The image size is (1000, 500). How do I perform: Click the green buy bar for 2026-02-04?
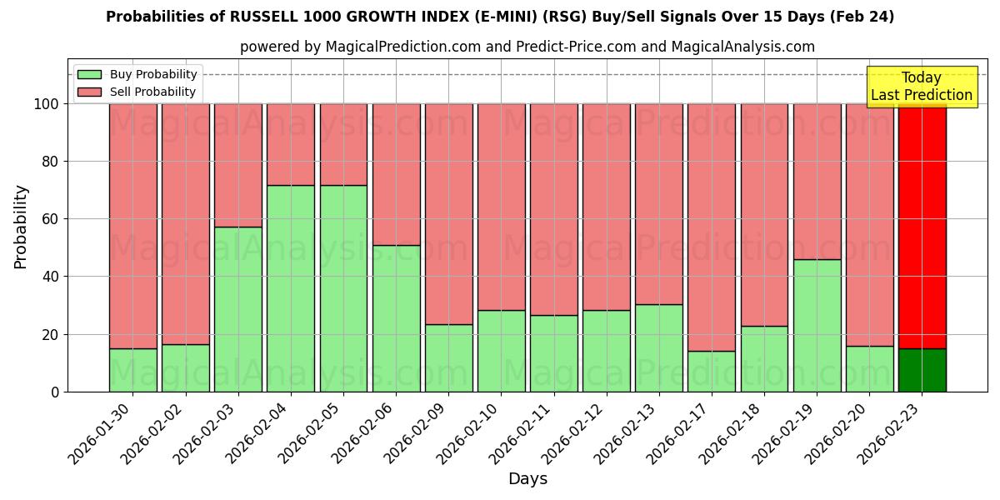click(291, 288)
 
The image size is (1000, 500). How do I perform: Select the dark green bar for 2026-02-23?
click(922, 370)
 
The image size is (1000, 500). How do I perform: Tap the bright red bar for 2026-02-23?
click(922, 226)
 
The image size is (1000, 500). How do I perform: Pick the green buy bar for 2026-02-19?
click(817, 325)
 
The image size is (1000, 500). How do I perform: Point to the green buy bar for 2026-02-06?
click(396, 318)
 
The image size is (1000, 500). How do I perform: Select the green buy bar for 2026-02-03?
click(238, 309)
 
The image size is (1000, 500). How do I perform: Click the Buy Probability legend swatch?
click(90, 75)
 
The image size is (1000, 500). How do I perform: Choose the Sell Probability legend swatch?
click(90, 92)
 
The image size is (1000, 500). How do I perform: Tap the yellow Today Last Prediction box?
click(922, 87)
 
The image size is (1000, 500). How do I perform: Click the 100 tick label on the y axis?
click(47, 104)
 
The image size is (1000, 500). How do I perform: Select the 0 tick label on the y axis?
click(55, 392)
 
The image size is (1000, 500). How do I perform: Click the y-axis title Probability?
click(21, 227)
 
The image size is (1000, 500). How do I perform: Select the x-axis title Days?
click(527, 479)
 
